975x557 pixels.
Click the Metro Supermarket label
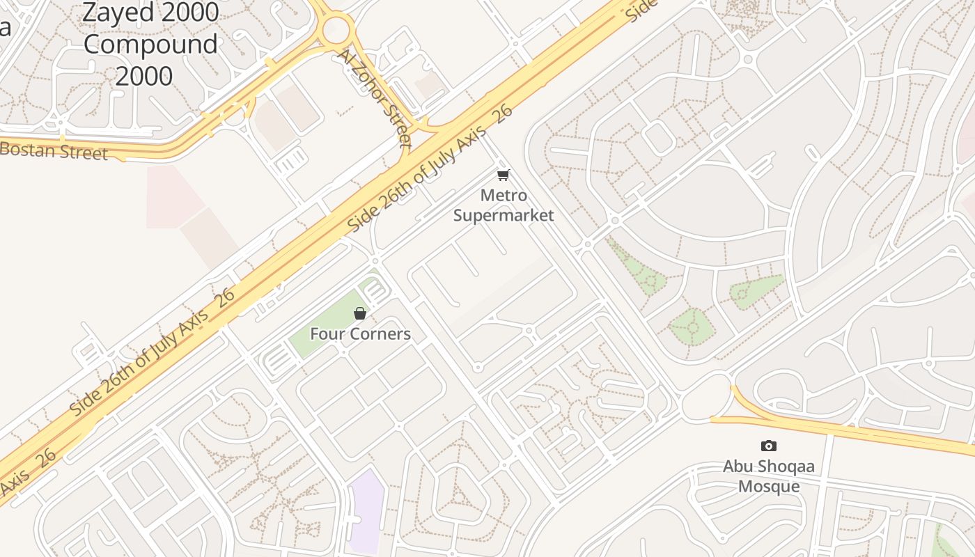point(504,205)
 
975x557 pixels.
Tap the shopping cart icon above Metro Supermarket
point(504,175)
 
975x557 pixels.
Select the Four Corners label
point(360,334)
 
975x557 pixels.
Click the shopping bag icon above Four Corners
point(360,314)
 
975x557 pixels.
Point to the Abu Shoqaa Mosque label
point(768,476)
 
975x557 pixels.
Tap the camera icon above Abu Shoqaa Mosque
point(768,446)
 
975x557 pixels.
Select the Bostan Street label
point(54,150)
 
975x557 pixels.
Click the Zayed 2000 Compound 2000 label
point(150,43)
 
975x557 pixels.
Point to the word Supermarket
point(504,215)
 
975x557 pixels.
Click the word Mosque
point(768,486)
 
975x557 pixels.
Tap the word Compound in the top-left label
point(150,44)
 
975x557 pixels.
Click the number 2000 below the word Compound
point(144,75)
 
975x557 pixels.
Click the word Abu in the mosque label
point(737,466)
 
